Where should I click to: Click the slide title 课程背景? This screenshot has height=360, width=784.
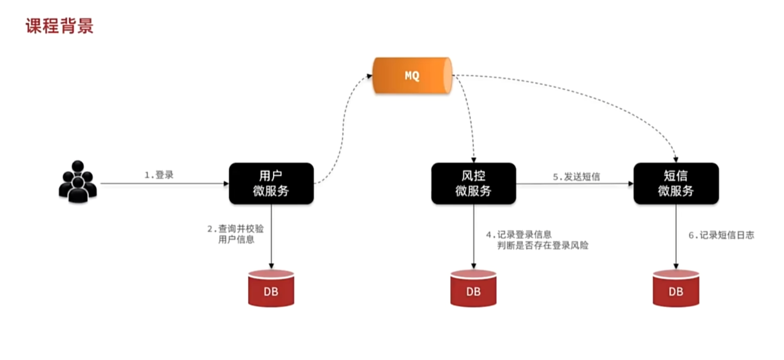[x=59, y=25]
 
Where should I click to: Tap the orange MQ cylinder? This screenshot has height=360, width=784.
[x=411, y=76]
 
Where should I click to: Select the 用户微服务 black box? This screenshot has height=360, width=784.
[x=271, y=183]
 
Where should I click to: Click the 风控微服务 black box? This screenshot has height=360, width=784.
[x=473, y=183]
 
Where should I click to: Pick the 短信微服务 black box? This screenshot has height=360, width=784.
[x=676, y=183]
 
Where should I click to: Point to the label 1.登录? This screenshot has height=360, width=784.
[x=159, y=175]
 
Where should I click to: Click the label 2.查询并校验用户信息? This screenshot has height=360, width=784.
[x=233, y=234]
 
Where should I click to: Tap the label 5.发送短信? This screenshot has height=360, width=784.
[x=576, y=177]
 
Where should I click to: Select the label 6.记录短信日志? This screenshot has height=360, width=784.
[x=721, y=235]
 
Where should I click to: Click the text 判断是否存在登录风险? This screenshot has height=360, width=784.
[x=542, y=245]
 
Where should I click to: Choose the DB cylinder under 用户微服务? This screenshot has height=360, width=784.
[x=271, y=288]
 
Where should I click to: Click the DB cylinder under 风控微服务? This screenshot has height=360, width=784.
[x=473, y=288]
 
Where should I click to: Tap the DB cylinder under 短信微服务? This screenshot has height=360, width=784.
[x=676, y=288]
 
